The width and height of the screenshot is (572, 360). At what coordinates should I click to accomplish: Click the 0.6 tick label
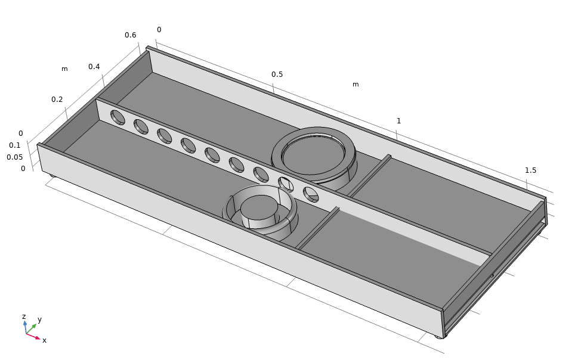click(x=130, y=35)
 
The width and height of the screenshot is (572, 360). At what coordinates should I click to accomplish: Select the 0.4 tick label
click(x=94, y=67)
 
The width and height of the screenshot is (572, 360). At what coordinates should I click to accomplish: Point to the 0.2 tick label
click(x=57, y=100)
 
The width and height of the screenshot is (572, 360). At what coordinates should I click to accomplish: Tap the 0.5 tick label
click(x=277, y=75)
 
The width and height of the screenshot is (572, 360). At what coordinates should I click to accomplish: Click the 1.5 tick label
click(x=530, y=170)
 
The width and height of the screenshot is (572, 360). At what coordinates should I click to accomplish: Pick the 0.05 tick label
click(x=14, y=157)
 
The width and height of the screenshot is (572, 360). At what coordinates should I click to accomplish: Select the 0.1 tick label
click(x=14, y=145)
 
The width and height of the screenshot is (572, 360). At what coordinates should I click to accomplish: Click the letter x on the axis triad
click(x=45, y=340)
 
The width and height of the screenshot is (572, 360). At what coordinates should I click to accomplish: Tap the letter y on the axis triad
click(x=40, y=320)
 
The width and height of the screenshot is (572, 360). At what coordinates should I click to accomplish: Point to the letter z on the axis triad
click(x=24, y=316)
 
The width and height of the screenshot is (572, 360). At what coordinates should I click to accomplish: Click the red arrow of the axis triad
click(x=33, y=336)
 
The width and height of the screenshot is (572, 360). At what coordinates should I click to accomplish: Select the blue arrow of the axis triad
click(x=25, y=327)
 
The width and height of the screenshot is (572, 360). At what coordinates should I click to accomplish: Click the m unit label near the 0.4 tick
click(x=64, y=69)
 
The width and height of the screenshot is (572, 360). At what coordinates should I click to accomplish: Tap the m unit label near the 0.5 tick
click(x=355, y=85)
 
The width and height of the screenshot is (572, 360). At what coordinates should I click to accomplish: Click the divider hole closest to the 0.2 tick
click(x=118, y=117)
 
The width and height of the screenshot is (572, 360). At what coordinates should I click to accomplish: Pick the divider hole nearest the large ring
click(x=286, y=184)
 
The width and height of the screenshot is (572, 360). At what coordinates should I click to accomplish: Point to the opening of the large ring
click(x=313, y=154)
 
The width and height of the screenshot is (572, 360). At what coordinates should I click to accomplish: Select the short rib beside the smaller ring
click(x=318, y=228)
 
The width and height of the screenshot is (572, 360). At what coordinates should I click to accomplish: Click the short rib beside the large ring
click(x=369, y=176)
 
